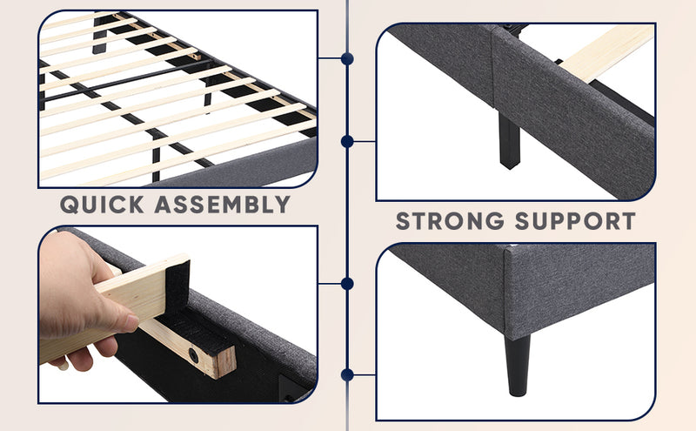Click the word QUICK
[x=102, y=205]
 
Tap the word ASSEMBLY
[x=223, y=205]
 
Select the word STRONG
[x=450, y=221]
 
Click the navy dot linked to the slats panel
[x=347, y=58]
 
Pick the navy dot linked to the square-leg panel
[x=347, y=142]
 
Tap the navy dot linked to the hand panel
[x=347, y=284]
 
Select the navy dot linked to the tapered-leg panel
[x=347, y=375]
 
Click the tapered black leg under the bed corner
[x=518, y=365]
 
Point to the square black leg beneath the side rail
[x=509, y=140]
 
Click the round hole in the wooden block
[x=193, y=355]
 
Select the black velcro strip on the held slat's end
[x=177, y=286]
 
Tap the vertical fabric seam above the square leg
[x=492, y=67]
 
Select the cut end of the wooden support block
[x=226, y=362]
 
